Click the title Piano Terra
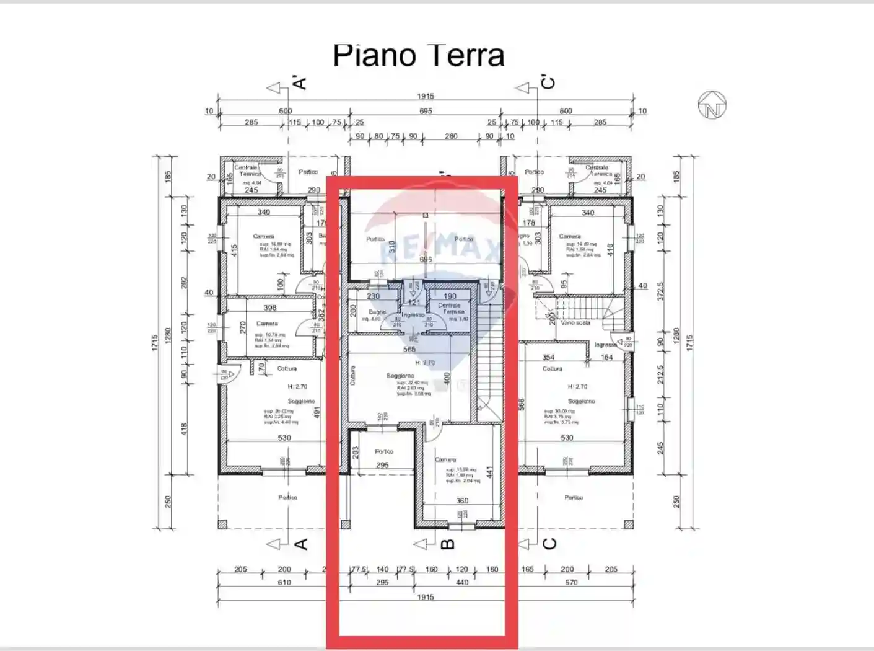click(419, 56)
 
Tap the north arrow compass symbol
click(712, 105)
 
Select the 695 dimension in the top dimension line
click(426, 111)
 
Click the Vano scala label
click(575, 322)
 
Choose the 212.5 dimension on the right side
click(661, 374)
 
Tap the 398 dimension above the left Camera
click(270, 308)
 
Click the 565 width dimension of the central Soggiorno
click(409, 350)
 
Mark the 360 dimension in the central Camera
click(462, 500)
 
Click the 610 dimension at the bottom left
click(284, 582)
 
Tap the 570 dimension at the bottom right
click(571, 582)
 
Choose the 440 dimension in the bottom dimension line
click(462, 582)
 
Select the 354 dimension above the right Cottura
click(548, 357)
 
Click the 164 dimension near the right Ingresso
click(606, 357)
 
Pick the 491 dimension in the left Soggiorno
click(318, 412)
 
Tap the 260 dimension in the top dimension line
click(451, 136)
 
